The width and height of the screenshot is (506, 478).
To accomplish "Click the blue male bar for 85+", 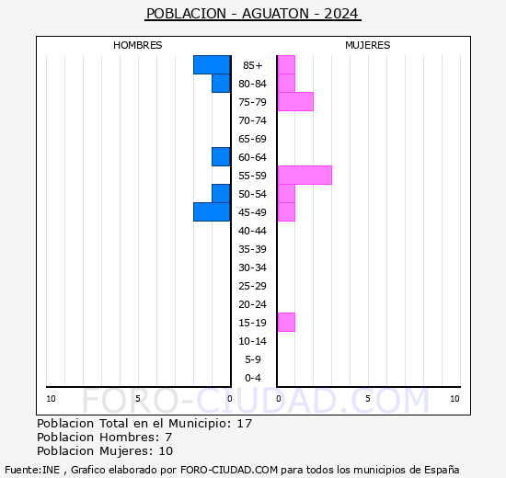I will pos(212,64).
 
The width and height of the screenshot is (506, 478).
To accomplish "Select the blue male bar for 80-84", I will pos(221,83).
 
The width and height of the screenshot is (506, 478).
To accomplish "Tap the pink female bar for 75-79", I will pos(295,101).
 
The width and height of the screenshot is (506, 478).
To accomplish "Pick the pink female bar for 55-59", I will pos(305,175).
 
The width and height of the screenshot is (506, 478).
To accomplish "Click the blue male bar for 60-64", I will pos(221,156).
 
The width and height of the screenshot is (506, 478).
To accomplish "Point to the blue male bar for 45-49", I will pos(212,211).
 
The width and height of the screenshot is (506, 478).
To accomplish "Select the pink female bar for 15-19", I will pos(286,322).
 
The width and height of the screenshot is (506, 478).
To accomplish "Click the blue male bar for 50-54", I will pos(221,193).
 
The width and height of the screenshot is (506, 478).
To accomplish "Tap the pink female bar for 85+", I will pos(286,64).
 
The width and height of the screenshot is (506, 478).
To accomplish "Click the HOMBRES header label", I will pos(138,45).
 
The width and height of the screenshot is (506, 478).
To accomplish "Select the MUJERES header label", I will pos(367,45).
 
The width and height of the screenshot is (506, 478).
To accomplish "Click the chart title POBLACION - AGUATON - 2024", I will pos(253,14).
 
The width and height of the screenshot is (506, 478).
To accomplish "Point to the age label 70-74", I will pos(253,120).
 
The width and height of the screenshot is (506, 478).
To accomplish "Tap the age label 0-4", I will pos(253,378).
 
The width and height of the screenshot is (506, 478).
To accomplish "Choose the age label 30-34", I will pos(253,267).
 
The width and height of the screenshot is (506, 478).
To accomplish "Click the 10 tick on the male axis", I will pos(51,398).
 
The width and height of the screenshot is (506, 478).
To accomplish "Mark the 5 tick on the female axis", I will pos(367,398).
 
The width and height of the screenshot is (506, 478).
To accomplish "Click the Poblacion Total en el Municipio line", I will pos(144,424).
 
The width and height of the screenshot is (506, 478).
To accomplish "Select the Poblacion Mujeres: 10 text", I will pos(104,450).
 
